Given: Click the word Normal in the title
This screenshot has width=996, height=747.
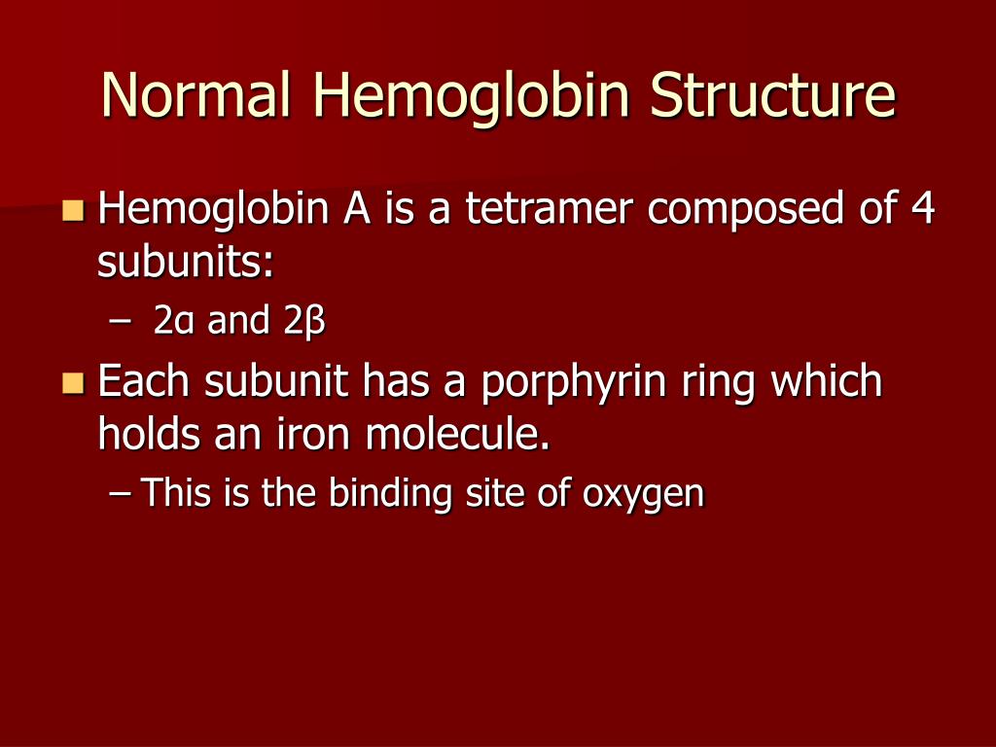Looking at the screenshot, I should click(x=197, y=95).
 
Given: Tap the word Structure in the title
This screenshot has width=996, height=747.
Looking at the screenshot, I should click(x=773, y=95).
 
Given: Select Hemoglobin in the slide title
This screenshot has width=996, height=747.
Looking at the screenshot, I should click(x=474, y=95).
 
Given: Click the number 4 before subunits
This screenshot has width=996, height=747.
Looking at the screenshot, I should click(x=921, y=209).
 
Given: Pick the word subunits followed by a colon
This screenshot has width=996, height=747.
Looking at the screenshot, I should click(x=186, y=263).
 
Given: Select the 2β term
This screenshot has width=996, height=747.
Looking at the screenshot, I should click(x=304, y=322).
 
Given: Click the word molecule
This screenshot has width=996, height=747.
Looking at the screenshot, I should click(x=458, y=434).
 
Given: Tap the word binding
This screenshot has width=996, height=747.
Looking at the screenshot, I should click(x=390, y=494).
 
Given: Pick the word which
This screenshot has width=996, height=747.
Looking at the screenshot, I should click(x=827, y=380).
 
